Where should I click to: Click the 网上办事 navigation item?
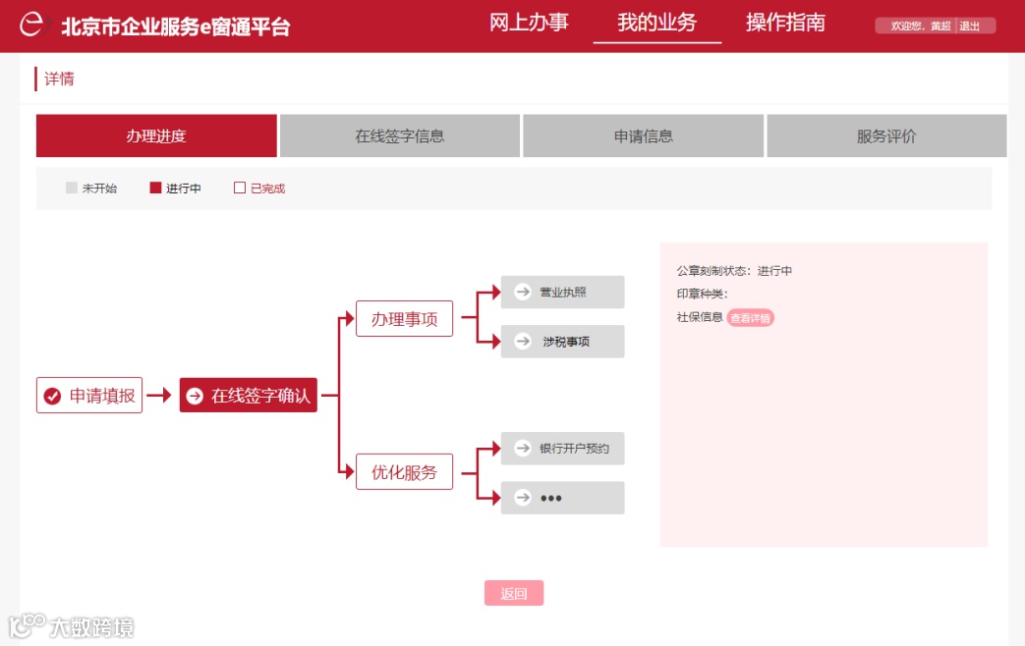529,23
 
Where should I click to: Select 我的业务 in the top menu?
656,23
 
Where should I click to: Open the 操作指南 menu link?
785,23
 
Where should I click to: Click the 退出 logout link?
970,27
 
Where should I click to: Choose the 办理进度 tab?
156,136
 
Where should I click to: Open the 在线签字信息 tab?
400,136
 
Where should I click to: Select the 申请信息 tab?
644,136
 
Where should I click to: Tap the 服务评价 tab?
886,136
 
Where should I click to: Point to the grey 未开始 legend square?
72,188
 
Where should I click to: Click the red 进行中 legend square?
155,188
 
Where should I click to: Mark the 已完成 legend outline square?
240,188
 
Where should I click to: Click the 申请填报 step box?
89,396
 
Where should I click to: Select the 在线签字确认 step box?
249,396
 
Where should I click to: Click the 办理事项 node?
404,319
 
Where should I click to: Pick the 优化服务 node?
404,472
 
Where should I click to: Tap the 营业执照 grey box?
562,293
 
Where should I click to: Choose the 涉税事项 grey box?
562,342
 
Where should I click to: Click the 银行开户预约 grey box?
562,449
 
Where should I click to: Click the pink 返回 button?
514,593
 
